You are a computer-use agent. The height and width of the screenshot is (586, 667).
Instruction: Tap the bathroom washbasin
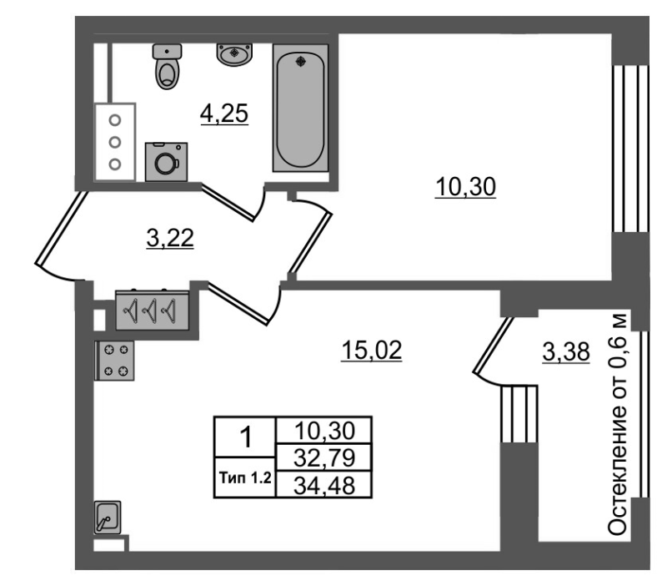234,54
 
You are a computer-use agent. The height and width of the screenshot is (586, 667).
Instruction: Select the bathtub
301,109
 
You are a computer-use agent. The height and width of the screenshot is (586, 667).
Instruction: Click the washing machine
166,162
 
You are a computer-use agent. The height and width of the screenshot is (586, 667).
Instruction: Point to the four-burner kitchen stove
115,361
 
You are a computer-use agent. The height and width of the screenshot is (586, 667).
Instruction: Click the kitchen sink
108,517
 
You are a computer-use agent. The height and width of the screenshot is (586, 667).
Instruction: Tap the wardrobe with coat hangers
152,310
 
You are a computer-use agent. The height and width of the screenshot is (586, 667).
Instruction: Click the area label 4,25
224,114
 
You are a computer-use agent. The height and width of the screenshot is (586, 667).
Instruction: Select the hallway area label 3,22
170,238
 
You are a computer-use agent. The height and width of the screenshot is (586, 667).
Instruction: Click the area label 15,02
371,351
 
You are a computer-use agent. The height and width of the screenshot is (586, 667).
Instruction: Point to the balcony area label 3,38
566,352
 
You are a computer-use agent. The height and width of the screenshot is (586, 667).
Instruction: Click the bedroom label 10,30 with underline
465,187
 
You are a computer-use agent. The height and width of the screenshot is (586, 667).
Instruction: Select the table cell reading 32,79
324,457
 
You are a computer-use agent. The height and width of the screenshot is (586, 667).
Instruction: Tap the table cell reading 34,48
324,485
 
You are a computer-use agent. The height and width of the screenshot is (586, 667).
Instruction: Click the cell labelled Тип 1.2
245,477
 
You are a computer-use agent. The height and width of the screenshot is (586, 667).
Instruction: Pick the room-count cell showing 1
245,437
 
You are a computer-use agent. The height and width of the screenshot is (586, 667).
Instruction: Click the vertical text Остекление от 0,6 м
617,424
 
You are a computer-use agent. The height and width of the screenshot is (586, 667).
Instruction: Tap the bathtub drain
301,61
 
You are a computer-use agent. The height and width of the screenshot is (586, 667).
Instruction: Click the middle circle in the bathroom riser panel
115,142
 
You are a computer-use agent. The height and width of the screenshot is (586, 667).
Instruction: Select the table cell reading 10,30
324,431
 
